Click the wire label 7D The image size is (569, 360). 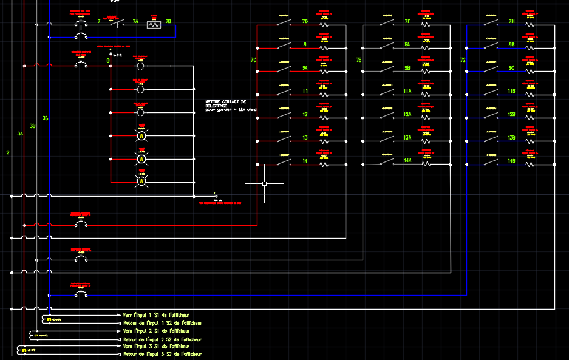tap(305, 22)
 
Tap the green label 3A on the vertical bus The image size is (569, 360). tap(20, 134)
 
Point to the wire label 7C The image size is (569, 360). tap(253, 60)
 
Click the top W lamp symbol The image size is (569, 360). tap(142, 135)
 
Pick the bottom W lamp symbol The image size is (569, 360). tap(142, 181)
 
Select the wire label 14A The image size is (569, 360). tap(408, 161)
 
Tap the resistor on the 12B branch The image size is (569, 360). tap(530, 118)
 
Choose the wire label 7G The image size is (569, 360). tap(463, 60)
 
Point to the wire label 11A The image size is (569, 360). tap(407, 91)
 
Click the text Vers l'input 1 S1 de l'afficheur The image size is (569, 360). tap(156, 315)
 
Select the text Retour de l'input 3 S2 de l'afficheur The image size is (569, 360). tap(162, 354)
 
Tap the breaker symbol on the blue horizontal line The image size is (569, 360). tap(80, 294)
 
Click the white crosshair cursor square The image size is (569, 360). tap(265, 183)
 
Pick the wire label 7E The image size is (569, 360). tap(359, 60)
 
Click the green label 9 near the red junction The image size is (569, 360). tap(108, 60)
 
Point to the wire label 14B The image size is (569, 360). tap(512, 161)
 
